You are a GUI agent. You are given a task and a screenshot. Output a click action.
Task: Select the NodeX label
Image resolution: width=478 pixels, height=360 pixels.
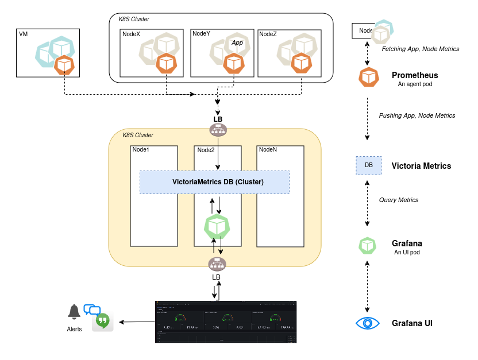pyautogui.click(x=131, y=34)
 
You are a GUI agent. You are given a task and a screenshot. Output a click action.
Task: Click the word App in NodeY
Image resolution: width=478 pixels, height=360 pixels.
pyautogui.click(x=237, y=43)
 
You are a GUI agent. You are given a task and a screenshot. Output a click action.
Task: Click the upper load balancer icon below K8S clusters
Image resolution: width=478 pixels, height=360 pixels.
pyautogui.click(x=218, y=130)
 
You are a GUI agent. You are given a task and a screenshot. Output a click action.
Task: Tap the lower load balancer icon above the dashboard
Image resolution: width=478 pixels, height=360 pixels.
pyautogui.click(x=217, y=264)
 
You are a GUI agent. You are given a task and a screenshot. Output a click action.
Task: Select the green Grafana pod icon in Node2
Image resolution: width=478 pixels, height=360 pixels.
pyautogui.click(x=217, y=227)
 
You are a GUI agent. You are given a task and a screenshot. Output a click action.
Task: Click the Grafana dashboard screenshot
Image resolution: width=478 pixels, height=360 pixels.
pyautogui.click(x=226, y=322)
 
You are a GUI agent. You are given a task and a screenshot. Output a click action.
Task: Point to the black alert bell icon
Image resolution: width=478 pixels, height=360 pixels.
pyautogui.click(x=74, y=312)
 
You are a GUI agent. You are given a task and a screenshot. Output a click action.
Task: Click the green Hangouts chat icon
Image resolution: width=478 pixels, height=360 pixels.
pyautogui.click(x=103, y=322)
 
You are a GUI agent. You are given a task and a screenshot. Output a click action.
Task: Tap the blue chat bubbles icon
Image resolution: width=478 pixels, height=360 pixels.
pyautogui.click(x=92, y=309)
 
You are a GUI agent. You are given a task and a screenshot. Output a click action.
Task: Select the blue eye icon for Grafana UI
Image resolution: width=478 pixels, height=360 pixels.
pyautogui.click(x=368, y=323)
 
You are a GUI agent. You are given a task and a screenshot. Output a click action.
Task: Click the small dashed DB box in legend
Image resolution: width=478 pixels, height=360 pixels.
pyautogui.click(x=369, y=165)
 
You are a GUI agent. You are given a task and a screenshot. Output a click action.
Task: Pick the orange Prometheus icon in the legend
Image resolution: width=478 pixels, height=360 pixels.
pyautogui.click(x=368, y=77)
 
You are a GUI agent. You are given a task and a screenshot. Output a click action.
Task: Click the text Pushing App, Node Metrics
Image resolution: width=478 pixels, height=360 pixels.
pyautogui.click(x=417, y=115)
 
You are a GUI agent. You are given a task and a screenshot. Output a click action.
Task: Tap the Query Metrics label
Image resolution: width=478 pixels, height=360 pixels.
pyautogui.click(x=398, y=200)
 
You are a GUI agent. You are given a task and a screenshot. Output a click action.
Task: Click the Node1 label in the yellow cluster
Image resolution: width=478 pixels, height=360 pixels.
pyautogui.click(x=141, y=149)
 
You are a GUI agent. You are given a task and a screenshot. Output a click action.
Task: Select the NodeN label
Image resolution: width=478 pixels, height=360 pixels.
pyautogui.click(x=268, y=149)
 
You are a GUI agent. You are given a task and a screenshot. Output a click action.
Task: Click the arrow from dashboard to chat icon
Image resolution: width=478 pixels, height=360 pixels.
pyautogui.click(x=137, y=322)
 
